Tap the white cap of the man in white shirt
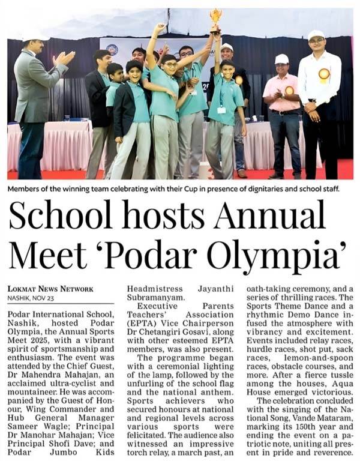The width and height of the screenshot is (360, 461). (x=316, y=34)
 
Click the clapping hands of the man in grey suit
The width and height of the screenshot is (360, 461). (x=64, y=58)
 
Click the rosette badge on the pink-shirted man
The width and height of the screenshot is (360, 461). (x=290, y=91)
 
